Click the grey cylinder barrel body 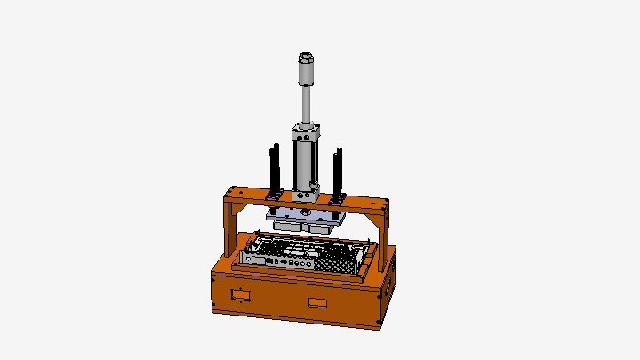(x=305, y=164)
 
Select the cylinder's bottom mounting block (x=308, y=189)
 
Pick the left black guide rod (x=275, y=169)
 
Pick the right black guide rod (x=338, y=172)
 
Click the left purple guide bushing (x=275, y=194)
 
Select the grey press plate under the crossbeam (x=302, y=214)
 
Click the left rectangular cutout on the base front (x=238, y=293)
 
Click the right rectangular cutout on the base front (x=317, y=302)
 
